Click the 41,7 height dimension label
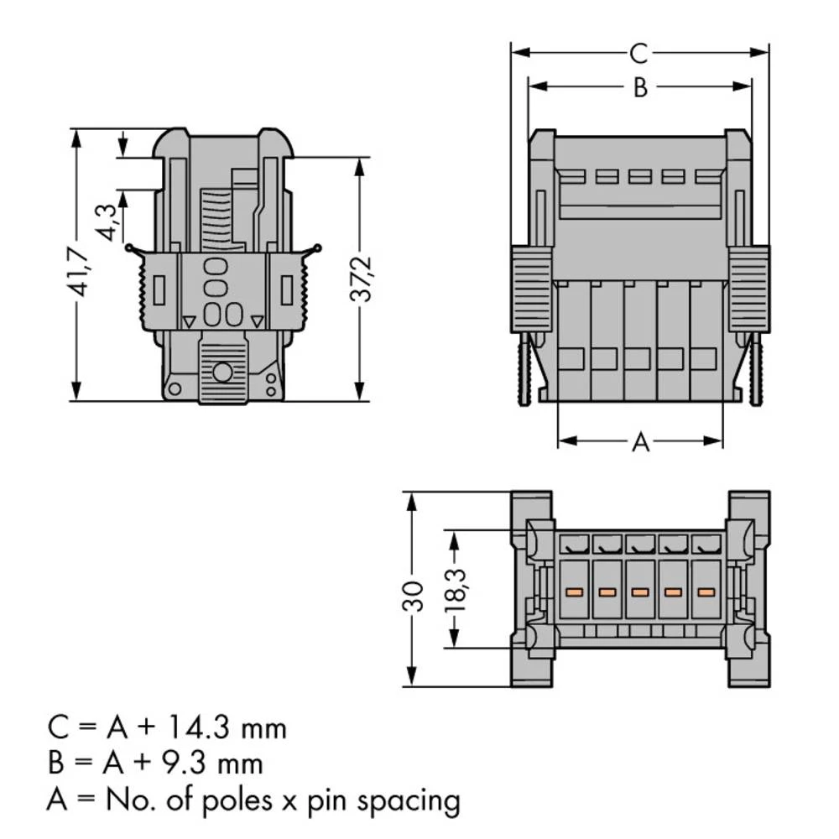tap(81, 270)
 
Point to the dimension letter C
tap(638, 54)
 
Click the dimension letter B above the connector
tap(639, 87)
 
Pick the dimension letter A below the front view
tap(639, 441)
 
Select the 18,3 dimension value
tap(456, 590)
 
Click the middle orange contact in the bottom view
tap(638, 592)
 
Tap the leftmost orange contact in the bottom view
tap(574, 592)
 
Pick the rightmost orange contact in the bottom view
tap(704, 592)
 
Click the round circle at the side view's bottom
tap(222, 373)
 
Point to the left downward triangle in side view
tap(189, 320)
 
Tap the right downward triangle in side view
tap(256, 320)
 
